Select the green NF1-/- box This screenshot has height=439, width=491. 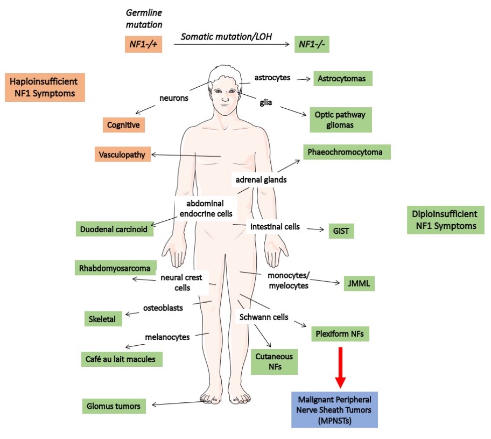point(311,44)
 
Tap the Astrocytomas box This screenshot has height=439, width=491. point(342,79)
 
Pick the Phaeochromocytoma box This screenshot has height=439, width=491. point(346,152)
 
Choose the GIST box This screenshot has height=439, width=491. point(341,231)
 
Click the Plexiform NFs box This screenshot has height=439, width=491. point(340,334)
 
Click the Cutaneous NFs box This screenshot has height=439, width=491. point(274,361)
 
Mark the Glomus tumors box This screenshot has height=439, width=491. point(114,406)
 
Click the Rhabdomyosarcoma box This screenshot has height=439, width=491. point(116,268)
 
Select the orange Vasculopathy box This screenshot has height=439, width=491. point(122,155)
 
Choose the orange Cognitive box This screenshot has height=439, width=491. point(124,125)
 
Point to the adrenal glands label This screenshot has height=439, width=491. point(261,180)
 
